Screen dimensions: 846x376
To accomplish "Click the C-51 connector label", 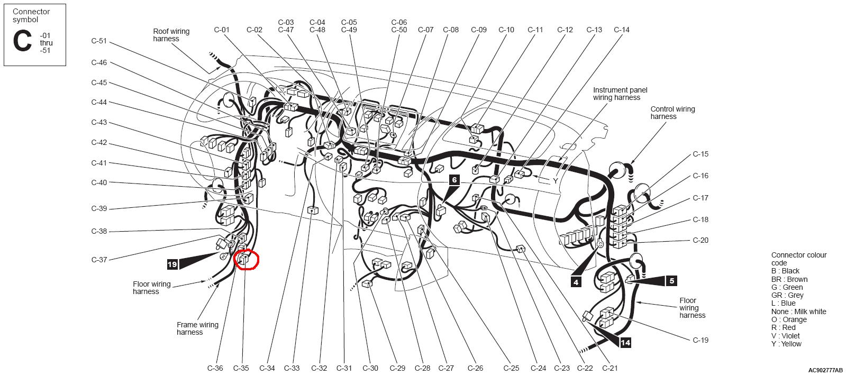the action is click(99, 41).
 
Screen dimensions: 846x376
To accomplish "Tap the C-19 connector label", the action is click(701, 340).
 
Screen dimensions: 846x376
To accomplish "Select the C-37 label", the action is click(99, 260).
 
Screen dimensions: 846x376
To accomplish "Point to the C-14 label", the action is click(622, 30).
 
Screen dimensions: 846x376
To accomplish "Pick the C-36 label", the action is click(215, 368).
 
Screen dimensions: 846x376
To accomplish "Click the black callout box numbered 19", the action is click(172, 264).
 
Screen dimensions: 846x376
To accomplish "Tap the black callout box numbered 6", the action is click(454, 180).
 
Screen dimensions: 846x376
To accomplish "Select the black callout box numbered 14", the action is click(625, 342).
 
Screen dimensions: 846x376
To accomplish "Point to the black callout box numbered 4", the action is click(576, 282).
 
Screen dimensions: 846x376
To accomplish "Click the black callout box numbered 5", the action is click(671, 281).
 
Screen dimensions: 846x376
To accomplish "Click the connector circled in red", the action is click(243, 259).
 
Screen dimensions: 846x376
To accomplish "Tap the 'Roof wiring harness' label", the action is click(171, 35).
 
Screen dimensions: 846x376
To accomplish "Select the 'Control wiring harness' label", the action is click(672, 113).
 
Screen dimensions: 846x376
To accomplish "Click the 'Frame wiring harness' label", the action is click(197, 328).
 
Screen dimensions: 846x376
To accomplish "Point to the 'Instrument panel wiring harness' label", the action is click(620, 94).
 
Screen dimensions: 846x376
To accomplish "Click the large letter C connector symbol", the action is click(22, 41).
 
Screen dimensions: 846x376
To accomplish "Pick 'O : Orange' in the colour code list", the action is click(789, 319).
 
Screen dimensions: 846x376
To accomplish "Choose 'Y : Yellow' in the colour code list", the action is click(786, 344).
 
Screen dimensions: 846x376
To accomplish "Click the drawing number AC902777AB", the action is click(825, 370).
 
